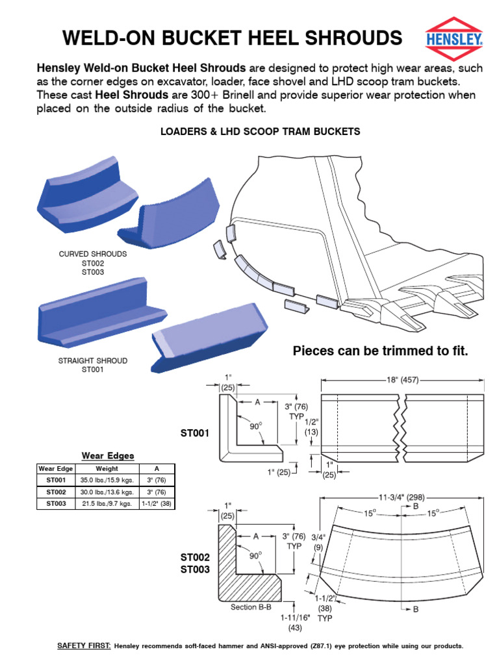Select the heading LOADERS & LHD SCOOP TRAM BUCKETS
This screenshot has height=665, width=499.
(260, 131)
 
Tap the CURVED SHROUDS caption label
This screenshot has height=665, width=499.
(93, 254)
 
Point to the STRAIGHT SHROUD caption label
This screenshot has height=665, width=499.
(93, 360)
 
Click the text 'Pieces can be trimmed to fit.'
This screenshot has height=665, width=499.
(380, 351)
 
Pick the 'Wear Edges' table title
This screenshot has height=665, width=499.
(107, 456)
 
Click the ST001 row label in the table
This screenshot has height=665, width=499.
(57, 480)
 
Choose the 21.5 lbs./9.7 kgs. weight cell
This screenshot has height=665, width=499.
(107, 503)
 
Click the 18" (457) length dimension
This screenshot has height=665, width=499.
(403, 380)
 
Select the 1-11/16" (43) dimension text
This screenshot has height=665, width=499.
(290, 623)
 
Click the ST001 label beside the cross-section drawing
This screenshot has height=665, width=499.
(196, 431)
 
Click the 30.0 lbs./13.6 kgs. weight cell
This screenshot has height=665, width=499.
(107, 492)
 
